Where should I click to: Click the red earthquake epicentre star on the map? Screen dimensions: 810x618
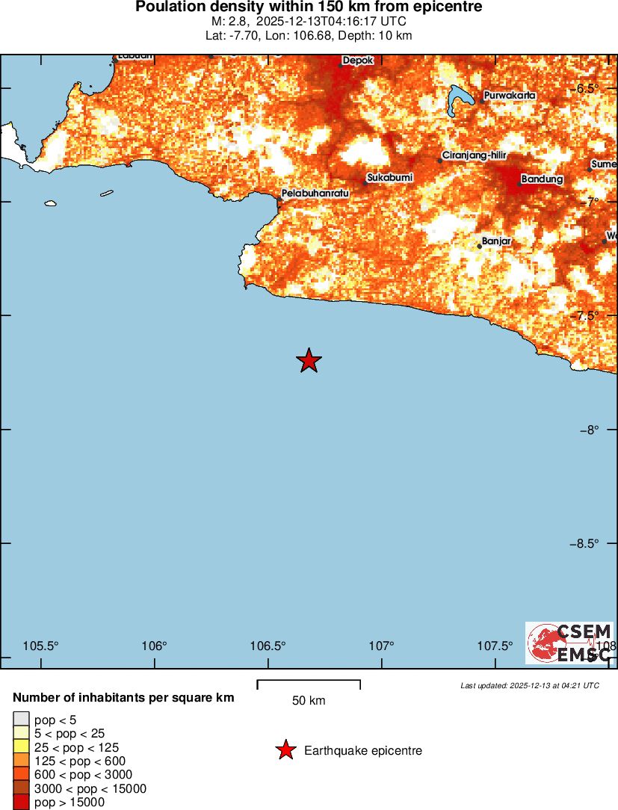click(x=309, y=361)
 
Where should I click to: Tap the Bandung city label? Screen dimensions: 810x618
click(x=542, y=179)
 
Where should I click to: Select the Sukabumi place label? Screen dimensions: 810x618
click(x=389, y=177)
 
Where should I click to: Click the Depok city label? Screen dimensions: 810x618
click(x=357, y=61)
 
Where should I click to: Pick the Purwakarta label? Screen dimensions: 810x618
click(x=510, y=96)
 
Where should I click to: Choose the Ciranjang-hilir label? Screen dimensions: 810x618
click(x=475, y=155)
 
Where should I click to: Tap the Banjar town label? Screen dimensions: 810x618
click(x=496, y=241)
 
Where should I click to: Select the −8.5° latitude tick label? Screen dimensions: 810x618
click(x=584, y=543)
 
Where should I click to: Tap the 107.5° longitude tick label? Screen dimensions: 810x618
click(x=495, y=646)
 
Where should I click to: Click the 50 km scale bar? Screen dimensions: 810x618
click(x=309, y=684)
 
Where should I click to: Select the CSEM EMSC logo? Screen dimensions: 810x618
click(x=569, y=643)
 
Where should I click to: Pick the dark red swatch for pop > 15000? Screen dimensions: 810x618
click(x=21, y=803)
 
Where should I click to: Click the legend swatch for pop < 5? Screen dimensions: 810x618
click(x=21, y=720)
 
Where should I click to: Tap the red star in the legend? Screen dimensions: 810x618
click(x=285, y=750)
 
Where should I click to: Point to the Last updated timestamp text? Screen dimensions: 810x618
click(x=529, y=685)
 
